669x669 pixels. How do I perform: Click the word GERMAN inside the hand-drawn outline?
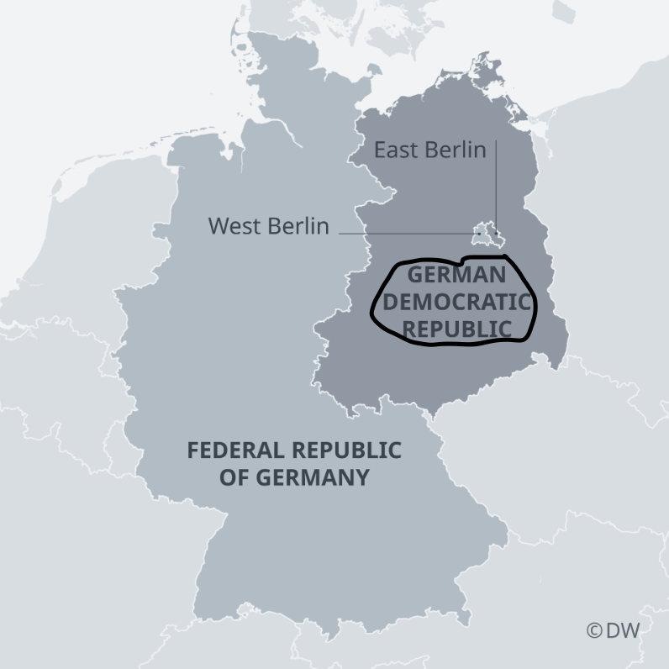coord(457,275)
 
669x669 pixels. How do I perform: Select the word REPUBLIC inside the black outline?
coord(457,327)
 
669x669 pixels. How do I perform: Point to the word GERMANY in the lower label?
coord(319,477)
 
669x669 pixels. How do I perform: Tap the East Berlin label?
coord(429,150)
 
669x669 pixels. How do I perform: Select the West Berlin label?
coord(268,226)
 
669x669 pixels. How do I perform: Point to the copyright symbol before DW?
coord(594,630)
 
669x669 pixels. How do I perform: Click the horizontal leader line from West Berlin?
coord(403,233)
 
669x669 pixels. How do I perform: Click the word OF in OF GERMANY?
coord(234,477)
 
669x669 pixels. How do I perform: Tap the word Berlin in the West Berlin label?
coord(299,226)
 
